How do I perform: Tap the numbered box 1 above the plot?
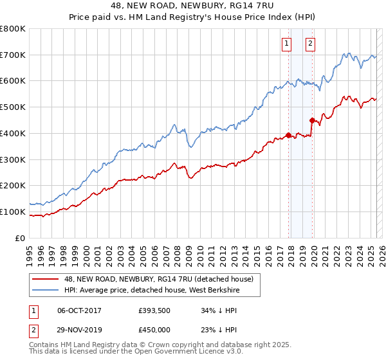pyautogui.click(x=286, y=44)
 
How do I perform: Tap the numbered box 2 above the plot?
pyautogui.click(x=310, y=44)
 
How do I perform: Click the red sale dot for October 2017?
pyautogui.click(x=288, y=135)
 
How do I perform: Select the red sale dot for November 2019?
pyautogui.click(x=312, y=120)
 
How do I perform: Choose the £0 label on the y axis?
pyautogui.click(x=21, y=238)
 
